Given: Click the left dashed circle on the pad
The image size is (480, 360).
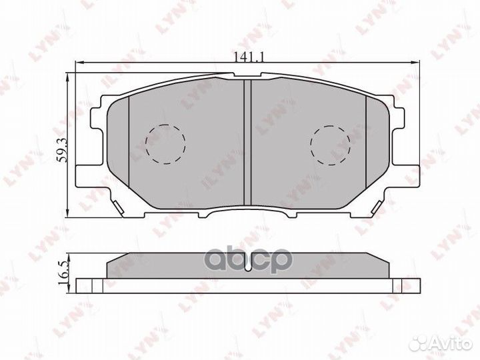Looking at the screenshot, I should click(165, 144).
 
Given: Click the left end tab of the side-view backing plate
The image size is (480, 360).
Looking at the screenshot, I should click(83, 285).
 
